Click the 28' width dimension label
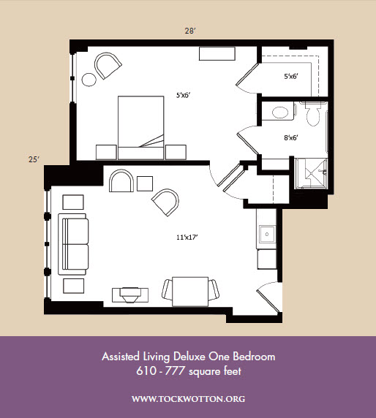coord(190,31)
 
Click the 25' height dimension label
coord(34,159)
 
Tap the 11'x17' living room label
coord(187,237)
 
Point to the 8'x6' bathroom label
coord(291,138)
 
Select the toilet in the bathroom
coord(313,113)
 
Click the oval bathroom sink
coord(280,113)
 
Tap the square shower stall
coord(311,173)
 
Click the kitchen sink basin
coord(267,235)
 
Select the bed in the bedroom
coord(141,128)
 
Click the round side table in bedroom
coord(89,80)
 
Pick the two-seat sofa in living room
coord(73,244)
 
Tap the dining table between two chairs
coord(190,292)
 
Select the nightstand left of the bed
coord(106,152)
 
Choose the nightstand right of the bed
coord(176,152)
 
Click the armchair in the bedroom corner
coord(108,66)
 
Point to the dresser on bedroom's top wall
coord(217,54)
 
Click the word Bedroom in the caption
coord(254,357)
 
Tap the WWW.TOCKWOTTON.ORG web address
coord(189,399)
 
